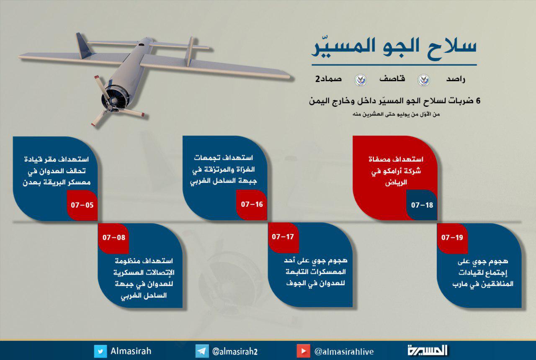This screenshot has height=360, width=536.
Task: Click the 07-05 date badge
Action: click(x=82, y=205)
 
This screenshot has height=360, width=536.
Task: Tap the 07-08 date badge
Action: click(x=113, y=238)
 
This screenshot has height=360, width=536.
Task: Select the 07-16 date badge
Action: click(x=252, y=205)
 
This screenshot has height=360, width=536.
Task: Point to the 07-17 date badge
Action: click(x=283, y=237)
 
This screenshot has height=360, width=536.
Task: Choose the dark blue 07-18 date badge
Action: click(x=422, y=205)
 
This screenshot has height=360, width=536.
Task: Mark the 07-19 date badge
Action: click(x=452, y=238)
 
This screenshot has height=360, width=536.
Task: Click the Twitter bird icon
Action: click(x=100, y=351)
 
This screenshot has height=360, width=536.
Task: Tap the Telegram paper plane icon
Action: click(x=202, y=351)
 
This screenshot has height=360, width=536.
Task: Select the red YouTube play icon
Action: click(x=303, y=351)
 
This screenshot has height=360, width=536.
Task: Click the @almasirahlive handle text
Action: click(x=344, y=352)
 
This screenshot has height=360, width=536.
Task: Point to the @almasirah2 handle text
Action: click(x=235, y=352)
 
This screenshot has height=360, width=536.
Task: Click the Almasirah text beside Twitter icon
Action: click(x=131, y=351)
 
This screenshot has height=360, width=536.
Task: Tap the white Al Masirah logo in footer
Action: click(x=428, y=350)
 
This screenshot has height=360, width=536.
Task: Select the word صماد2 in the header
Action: click(x=328, y=79)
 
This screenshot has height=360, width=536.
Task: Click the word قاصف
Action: click(x=392, y=78)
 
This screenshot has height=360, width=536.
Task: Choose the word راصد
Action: click(x=456, y=79)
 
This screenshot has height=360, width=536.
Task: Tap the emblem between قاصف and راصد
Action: click(x=423, y=80)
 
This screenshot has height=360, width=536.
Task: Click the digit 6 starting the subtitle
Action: click(x=478, y=101)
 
